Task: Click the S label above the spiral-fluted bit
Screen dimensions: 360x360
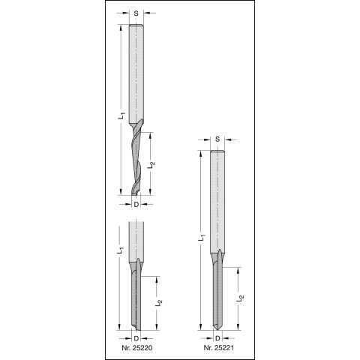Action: point(136,13)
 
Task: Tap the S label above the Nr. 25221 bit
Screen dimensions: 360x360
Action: point(217,139)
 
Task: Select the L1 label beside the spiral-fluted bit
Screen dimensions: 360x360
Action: point(121,115)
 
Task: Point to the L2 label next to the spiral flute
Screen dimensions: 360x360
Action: point(151,164)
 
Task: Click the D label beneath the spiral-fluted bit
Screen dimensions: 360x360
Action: point(136,205)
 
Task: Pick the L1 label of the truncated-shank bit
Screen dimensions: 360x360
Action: point(121,250)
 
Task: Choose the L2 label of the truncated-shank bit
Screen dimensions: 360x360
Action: point(158,303)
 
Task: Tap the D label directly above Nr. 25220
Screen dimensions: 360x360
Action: point(136,338)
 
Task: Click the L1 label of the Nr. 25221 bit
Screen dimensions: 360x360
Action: point(202,238)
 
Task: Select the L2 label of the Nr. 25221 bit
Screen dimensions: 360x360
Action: point(240,298)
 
